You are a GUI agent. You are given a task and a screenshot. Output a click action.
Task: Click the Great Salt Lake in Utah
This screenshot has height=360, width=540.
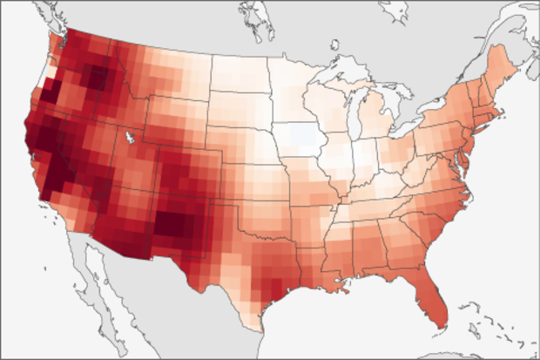[129, 138]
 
